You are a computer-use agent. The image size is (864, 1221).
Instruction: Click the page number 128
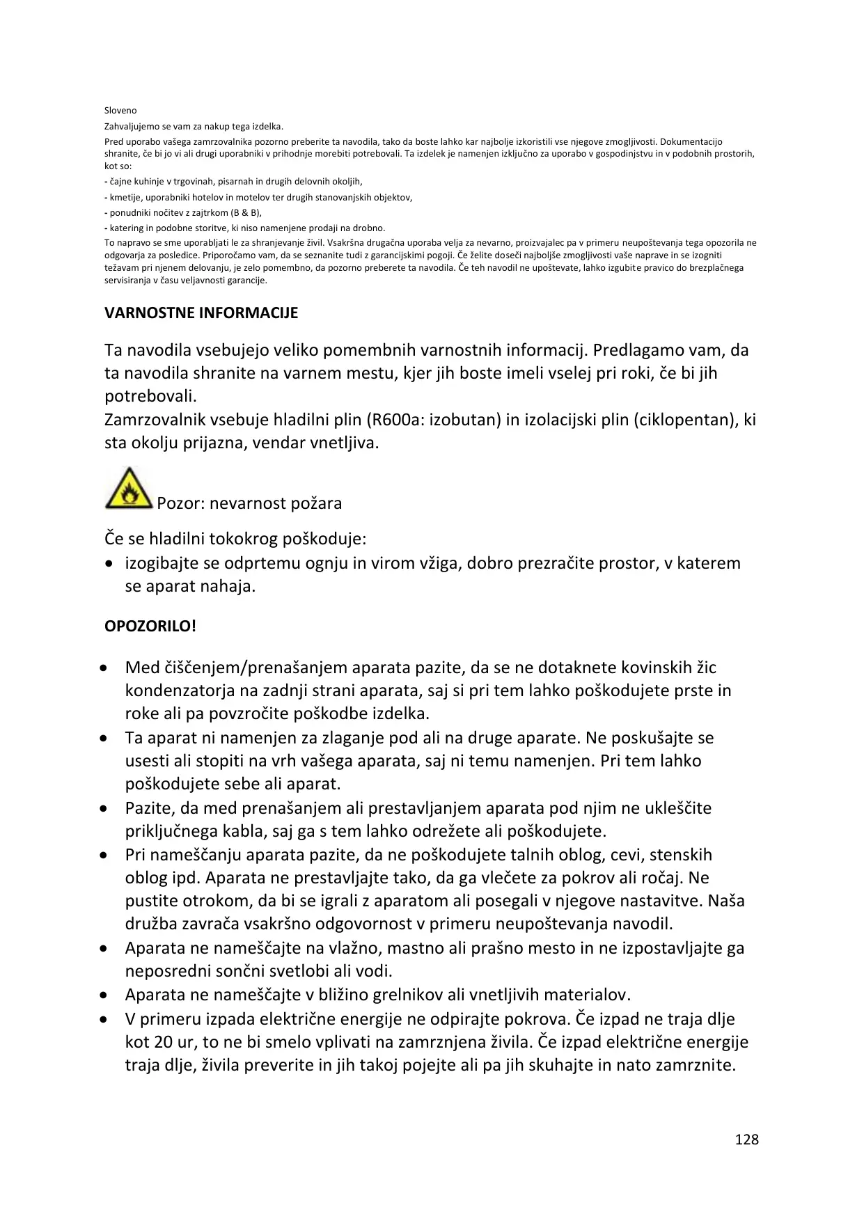click(x=746, y=1140)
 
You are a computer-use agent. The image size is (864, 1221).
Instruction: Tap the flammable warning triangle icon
click(x=129, y=489)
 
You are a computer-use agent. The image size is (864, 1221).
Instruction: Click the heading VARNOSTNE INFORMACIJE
click(x=201, y=313)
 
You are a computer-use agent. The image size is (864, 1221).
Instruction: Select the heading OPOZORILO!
click(x=150, y=626)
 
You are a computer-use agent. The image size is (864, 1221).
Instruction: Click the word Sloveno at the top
click(x=120, y=111)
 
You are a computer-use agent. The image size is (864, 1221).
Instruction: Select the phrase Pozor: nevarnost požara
click(x=249, y=503)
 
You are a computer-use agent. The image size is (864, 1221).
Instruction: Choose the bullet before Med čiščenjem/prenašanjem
click(x=104, y=668)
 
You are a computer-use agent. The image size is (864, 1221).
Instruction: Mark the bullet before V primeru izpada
click(x=104, y=1020)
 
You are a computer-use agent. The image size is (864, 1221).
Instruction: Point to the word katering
click(x=126, y=228)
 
